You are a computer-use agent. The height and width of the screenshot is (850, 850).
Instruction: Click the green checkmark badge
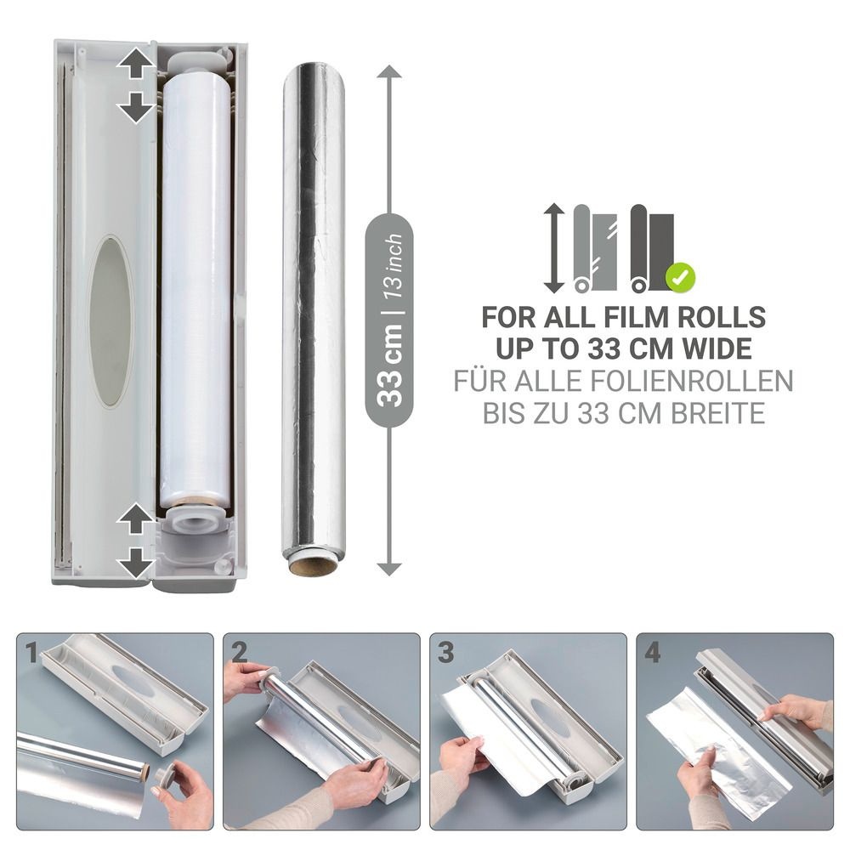pos(680,277)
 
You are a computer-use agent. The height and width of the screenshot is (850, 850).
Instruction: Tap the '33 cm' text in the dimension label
pos(389,365)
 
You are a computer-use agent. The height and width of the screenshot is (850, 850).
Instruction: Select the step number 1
pos(31,652)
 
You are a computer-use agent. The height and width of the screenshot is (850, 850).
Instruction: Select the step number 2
pos(240,652)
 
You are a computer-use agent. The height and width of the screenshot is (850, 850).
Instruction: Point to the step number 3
pos(445,652)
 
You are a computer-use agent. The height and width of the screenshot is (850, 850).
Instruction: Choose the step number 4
pos(653,652)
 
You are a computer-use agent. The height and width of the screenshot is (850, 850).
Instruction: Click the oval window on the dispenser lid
pos(110,321)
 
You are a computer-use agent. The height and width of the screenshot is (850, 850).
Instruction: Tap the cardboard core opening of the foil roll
pos(314,566)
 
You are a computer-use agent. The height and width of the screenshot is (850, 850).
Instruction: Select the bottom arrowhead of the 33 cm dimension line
pos(389,569)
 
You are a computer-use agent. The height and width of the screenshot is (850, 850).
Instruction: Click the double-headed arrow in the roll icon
pos(553,248)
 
